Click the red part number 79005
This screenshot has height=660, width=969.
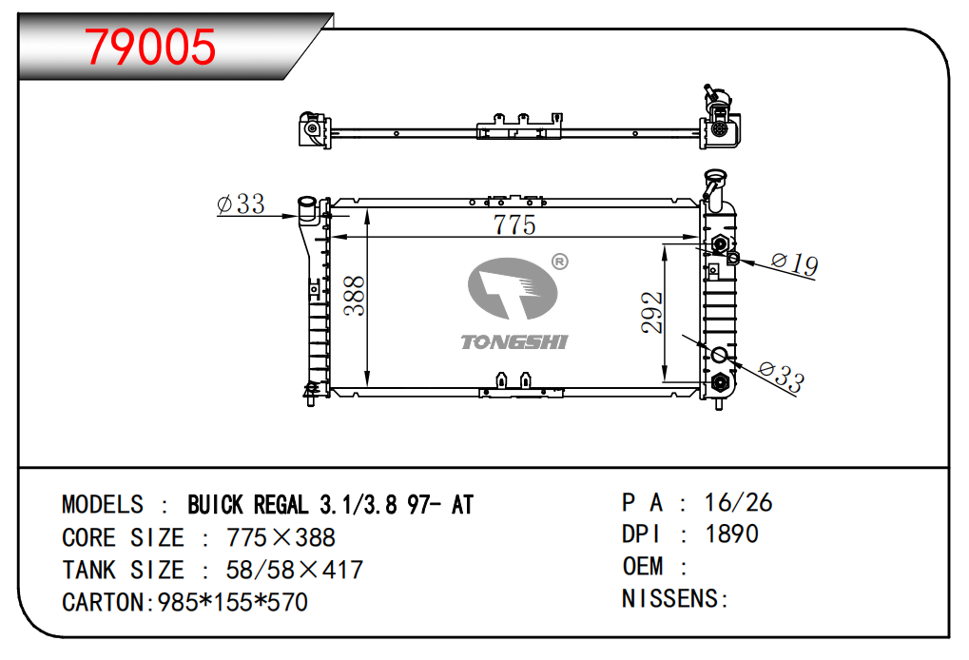click(150, 47)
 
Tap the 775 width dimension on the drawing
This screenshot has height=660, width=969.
click(514, 225)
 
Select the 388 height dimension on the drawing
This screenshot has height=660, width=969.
click(355, 296)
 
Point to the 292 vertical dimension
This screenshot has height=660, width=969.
click(652, 313)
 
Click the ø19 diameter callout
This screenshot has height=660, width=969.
click(795, 263)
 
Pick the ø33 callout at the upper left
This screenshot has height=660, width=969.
click(241, 204)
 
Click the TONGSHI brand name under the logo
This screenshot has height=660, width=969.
click(514, 342)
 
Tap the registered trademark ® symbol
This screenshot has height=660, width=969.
click(559, 262)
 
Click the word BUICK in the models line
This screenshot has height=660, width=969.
click(216, 506)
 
